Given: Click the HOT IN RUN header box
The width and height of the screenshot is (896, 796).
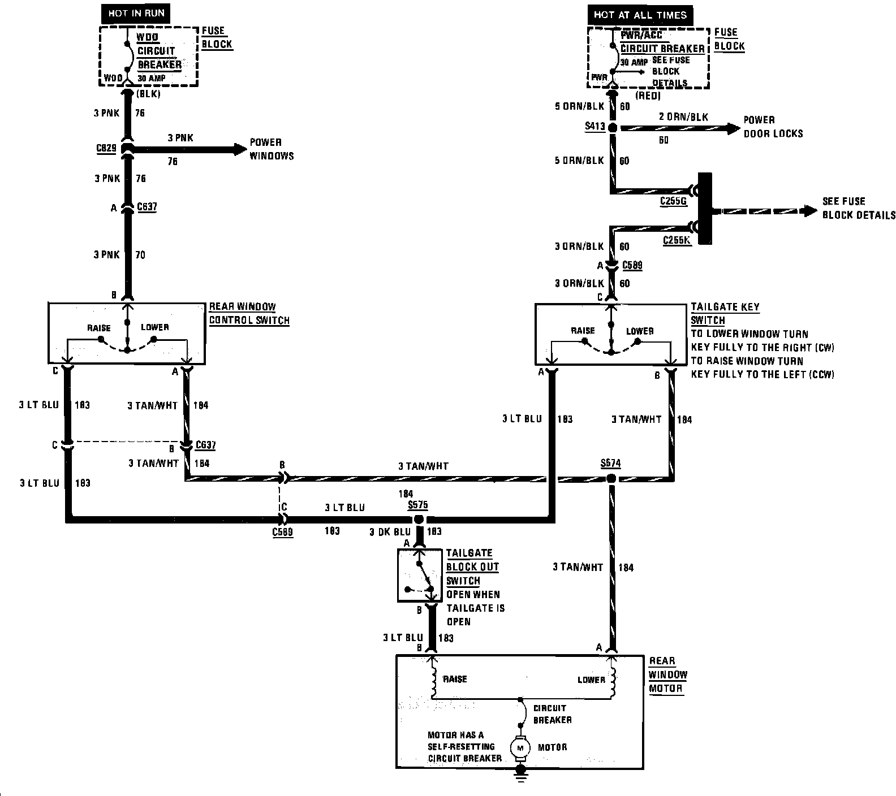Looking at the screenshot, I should point(136,12).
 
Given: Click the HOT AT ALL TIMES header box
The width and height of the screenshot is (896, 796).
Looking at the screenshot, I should point(640,15).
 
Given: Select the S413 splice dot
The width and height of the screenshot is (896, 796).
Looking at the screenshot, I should point(611,128).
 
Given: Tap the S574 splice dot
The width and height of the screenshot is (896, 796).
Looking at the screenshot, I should point(611,479).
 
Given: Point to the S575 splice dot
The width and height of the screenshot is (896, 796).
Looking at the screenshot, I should point(419,519).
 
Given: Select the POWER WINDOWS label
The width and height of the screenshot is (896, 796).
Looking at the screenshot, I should point(272,149).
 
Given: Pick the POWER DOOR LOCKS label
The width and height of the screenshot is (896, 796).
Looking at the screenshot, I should point(773,127).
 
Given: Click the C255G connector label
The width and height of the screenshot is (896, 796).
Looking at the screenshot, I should point(673,201).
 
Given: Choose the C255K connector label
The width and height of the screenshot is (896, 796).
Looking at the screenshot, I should point(677,240).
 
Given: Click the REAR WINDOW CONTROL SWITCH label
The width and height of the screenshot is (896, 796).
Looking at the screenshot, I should point(249,314).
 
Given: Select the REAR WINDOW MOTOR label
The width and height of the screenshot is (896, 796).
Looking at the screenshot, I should point(667,674).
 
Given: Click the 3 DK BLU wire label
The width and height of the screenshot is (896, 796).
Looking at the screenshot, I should point(390,531).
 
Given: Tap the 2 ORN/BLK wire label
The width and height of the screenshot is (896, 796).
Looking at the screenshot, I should point(683,117).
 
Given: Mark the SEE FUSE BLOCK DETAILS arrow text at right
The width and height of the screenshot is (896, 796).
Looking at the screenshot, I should point(858,208).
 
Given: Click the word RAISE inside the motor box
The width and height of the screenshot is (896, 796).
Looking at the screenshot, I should point(455,679).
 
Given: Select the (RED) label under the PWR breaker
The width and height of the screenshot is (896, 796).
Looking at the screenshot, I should point(648,96).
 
